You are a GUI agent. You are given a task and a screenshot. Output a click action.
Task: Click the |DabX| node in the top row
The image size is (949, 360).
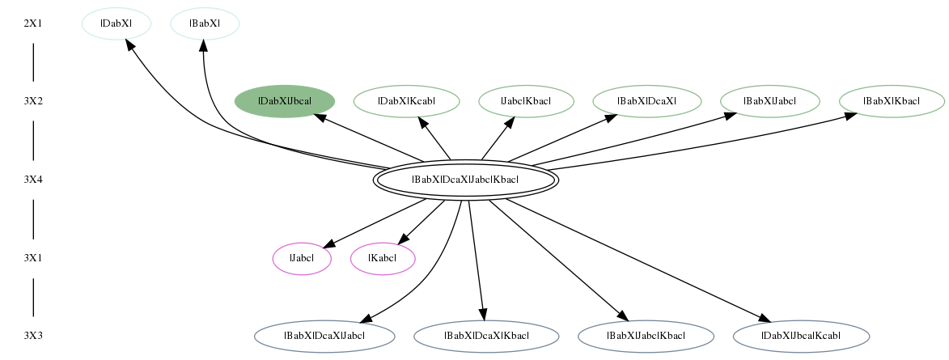click(117, 23)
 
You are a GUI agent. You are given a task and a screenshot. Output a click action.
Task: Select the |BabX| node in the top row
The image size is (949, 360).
click(205, 23)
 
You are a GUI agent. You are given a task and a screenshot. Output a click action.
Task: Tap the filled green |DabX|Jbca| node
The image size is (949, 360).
click(285, 101)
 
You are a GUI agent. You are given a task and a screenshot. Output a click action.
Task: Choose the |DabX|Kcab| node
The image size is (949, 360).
click(406, 101)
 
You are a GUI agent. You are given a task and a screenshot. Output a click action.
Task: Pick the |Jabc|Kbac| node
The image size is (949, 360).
click(526, 101)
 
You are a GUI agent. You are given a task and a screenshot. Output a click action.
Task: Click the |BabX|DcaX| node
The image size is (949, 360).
click(646, 101)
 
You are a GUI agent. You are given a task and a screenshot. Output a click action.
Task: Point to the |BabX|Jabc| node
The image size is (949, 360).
click(770, 101)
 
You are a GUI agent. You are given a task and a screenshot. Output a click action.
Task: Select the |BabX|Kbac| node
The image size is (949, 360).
click(892, 101)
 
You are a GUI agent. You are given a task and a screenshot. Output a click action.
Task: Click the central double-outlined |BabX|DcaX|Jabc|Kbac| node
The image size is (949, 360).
click(465, 180)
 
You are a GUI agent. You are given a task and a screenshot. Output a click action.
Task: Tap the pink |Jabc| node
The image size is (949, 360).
click(302, 258)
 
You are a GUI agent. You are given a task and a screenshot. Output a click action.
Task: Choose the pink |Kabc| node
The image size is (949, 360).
click(383, 258)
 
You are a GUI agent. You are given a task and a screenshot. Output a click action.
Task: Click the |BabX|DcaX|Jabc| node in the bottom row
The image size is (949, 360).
click(324, 336)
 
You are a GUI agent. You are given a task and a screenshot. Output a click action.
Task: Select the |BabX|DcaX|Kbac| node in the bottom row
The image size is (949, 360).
click(486, 336)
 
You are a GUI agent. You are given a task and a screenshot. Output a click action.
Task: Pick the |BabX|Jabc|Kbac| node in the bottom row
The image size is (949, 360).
click(646, 336)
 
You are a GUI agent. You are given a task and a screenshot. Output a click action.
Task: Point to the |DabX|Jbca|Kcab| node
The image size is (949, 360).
click(801, 336)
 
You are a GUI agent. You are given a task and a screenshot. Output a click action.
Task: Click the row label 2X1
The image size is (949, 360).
click(33, 23)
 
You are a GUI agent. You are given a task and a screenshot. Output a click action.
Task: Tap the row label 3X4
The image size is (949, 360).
click(33, 180)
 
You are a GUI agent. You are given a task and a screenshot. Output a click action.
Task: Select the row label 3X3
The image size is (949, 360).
click(33, 336)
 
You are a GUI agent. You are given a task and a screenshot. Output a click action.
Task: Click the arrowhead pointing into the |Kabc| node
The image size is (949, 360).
click(402, 239)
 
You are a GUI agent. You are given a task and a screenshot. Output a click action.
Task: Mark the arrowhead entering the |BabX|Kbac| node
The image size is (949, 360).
click(849, 115)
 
